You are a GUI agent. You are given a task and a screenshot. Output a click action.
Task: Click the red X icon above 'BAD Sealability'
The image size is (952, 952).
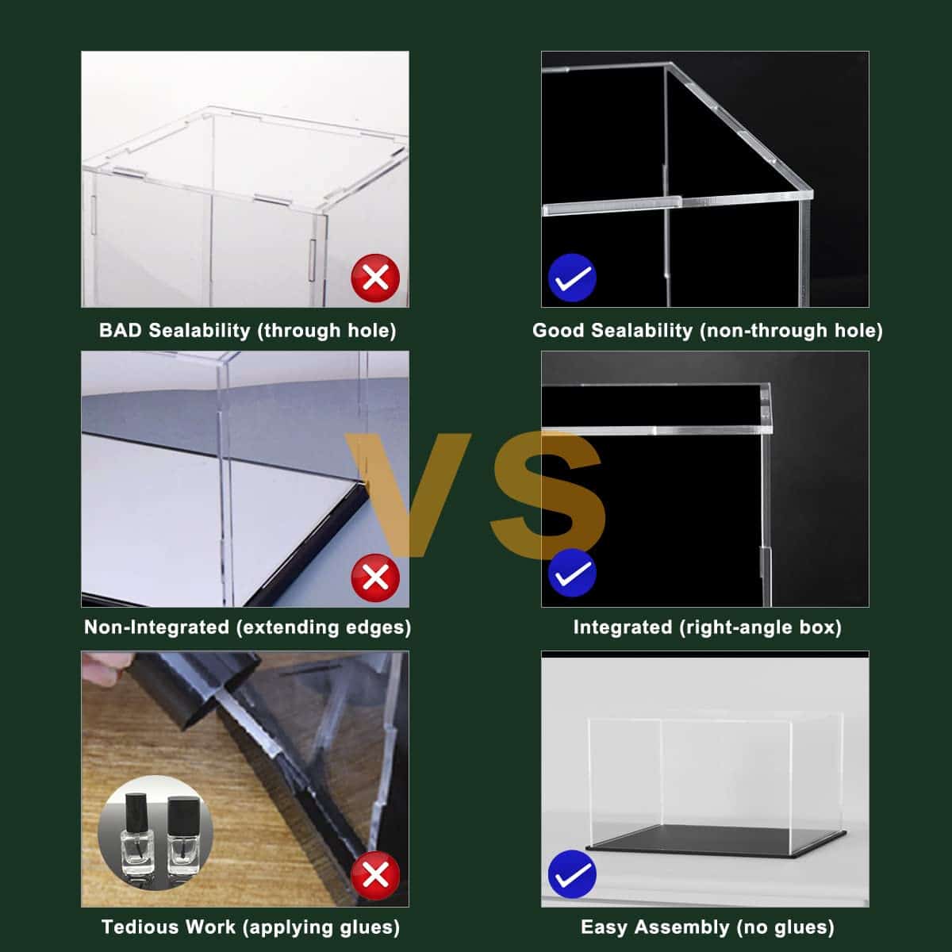(x=375, y=278)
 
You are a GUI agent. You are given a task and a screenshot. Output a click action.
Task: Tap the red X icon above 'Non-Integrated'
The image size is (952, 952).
(x=375, y=578)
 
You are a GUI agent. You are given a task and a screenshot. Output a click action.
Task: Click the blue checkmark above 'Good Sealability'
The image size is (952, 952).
(x=573, y=278)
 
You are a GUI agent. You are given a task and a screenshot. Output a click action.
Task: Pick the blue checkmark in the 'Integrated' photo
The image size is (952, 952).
(x=573, y=573)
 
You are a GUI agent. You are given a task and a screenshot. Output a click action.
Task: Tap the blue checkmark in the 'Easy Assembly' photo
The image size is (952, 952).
(x=573, y=874)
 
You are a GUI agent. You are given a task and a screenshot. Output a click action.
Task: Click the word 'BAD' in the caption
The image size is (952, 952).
(x=120, y=330)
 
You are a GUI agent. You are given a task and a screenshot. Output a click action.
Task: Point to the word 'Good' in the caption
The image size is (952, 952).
(x=559, y=330)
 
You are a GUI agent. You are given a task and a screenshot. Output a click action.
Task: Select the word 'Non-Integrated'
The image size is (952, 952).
(x=156, y=627)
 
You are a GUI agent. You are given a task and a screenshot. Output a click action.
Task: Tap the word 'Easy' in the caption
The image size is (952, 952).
(x=605, y=927)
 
